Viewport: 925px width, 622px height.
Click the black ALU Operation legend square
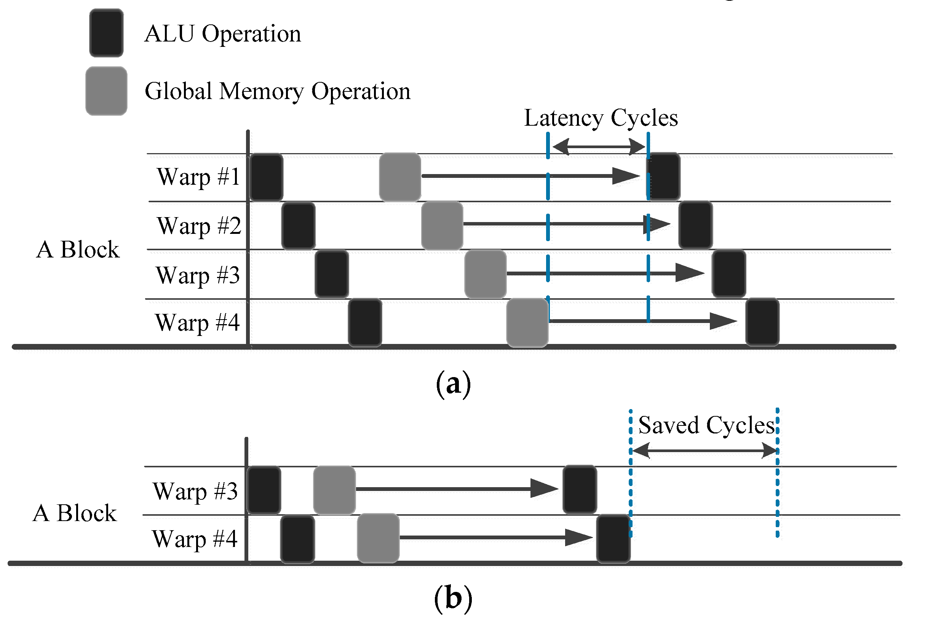106,33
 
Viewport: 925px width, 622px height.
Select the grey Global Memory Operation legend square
106,91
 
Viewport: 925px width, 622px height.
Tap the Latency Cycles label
601,118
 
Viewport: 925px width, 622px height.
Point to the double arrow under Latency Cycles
598,147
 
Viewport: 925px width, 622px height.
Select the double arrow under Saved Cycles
704,451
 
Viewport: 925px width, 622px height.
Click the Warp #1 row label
198,177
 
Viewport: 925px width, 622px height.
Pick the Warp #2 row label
199,226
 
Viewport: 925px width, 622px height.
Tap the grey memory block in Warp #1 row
400,177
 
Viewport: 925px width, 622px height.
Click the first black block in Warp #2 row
299,226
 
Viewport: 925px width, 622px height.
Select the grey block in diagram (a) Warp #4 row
527,323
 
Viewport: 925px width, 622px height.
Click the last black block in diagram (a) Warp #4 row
762,323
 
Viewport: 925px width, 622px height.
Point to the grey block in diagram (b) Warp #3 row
334,490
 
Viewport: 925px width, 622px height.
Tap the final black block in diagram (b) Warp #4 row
613,539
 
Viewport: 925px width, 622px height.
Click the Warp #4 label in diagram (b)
194,539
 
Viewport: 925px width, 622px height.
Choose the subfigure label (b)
453,598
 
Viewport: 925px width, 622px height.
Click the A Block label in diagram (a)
78,250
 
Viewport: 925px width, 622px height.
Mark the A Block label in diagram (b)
75,513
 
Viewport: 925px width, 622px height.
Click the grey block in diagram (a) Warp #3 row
485,274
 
